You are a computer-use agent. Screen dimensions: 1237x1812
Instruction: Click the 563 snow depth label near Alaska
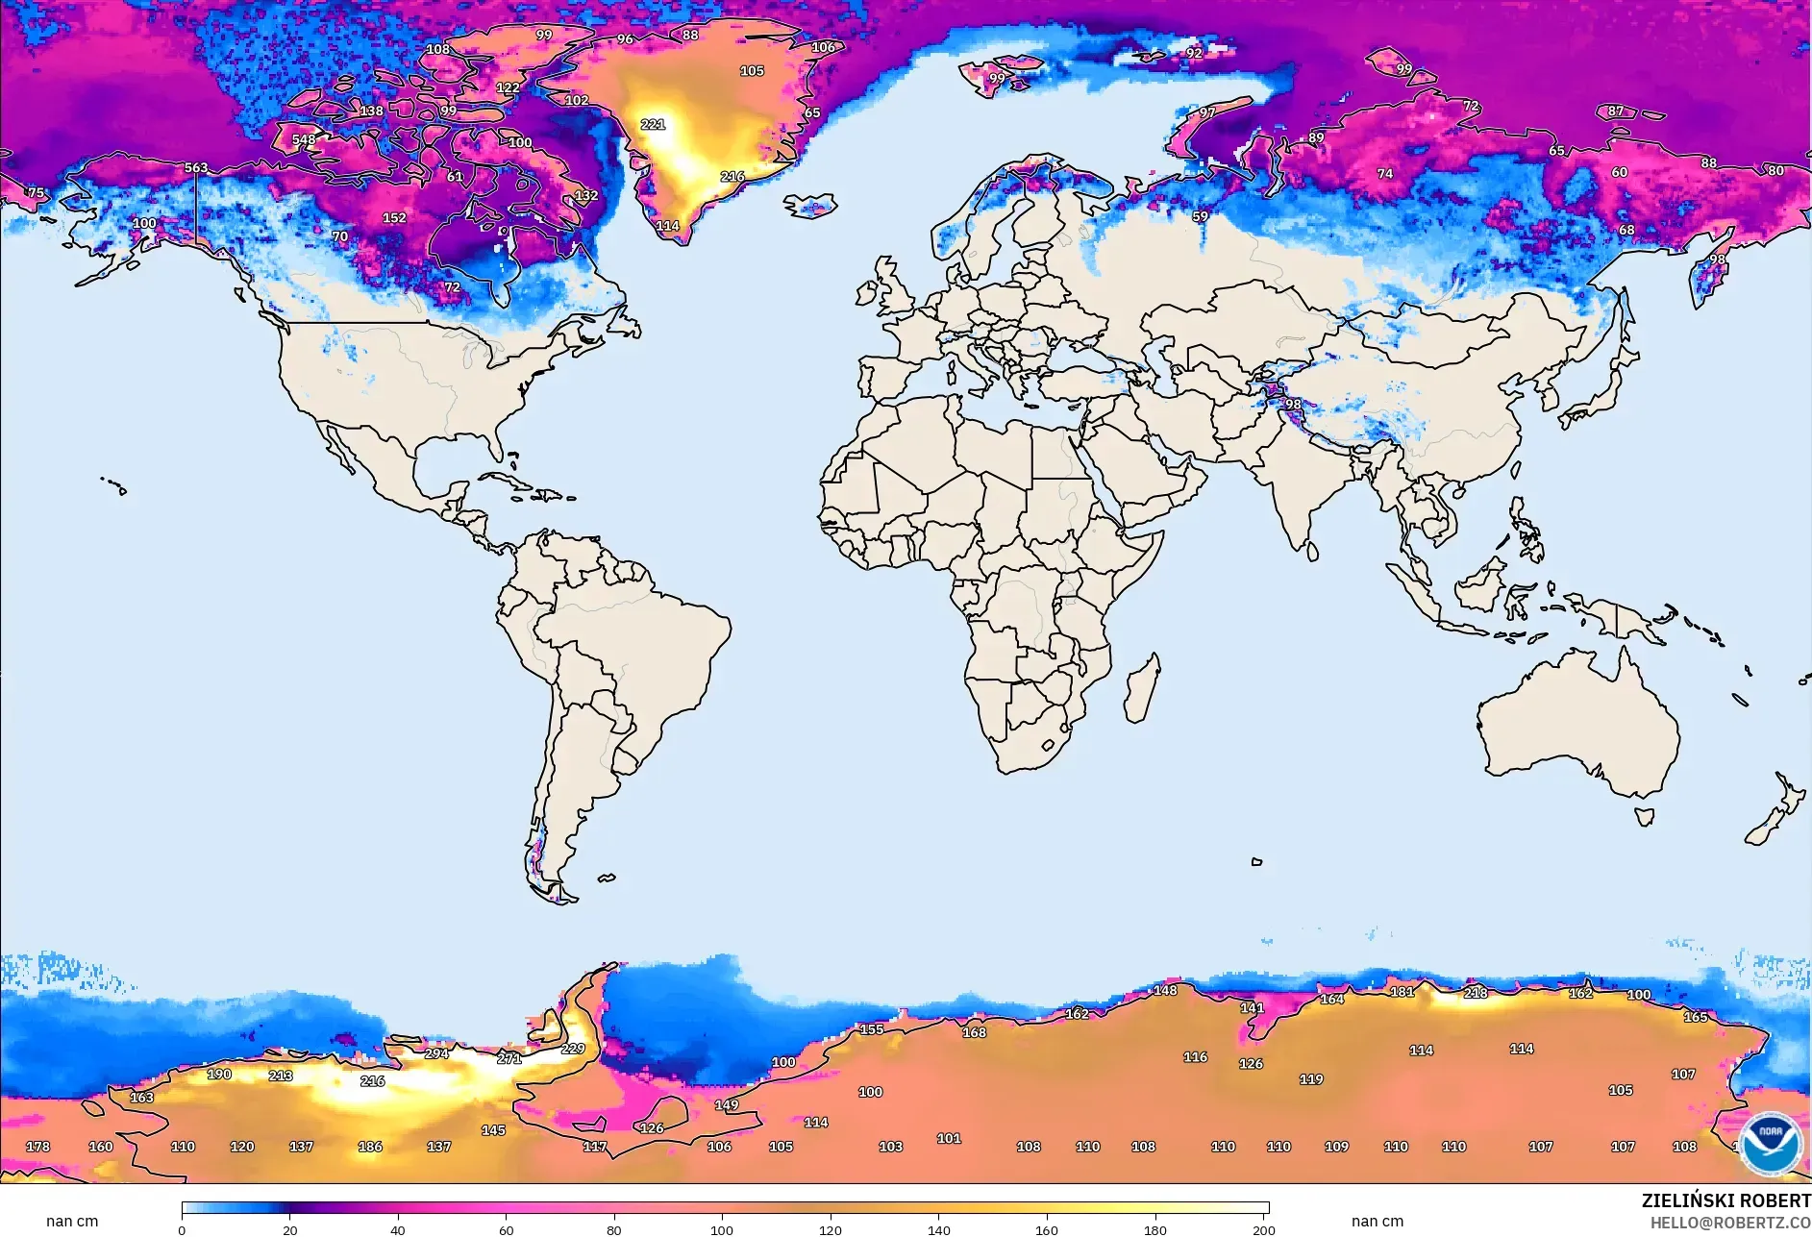coord(196,167)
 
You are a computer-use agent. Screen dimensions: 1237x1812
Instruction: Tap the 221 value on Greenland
coord(653,124)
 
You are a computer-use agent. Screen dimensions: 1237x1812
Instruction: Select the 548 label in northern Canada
coord(304,139)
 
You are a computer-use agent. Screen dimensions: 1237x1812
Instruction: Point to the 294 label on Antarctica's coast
coord(436,1053)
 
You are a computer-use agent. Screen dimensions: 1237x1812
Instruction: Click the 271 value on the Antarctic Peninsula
coord(509,1058)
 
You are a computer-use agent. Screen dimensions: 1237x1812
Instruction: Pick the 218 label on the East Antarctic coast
coord(1476,993)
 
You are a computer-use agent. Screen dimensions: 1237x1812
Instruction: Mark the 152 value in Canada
coord(394,217)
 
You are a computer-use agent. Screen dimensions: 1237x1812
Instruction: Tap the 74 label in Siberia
coord(1385,174)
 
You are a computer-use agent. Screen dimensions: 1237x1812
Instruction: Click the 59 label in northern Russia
coord(1200,216)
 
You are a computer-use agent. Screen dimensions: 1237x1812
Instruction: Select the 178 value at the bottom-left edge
coord(37,1147)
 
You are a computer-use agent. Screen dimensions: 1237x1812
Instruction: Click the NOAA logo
coord(1770,1144)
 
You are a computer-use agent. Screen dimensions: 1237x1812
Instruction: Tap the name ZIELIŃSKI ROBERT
coord(1725,1200)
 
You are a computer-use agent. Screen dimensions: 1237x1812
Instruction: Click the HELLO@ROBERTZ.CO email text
coord(1730,1223)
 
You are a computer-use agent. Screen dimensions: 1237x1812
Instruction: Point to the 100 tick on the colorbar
coord(722,1229)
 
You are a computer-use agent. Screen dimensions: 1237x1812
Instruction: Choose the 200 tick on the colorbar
coord(1263,1229)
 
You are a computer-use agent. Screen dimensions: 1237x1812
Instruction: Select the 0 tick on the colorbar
coord(182,1229)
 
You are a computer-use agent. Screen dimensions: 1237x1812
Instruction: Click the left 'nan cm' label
coord(72,1221)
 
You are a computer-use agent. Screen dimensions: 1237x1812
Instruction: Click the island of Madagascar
coord(1143,689)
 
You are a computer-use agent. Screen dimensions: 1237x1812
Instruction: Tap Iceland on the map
coord(811,206)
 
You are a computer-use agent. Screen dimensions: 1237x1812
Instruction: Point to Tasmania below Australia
coord(1645,817)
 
